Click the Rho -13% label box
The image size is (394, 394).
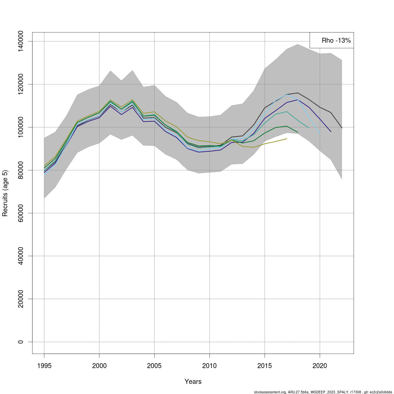pos(332,40)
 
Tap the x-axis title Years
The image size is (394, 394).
pos(193,382)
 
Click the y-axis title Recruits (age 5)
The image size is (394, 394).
pos(5,193)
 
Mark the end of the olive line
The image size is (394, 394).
pos(287,139)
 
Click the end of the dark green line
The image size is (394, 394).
pos(298,132)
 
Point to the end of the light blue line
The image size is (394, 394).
pos(320,134)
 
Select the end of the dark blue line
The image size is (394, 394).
pos(331,132)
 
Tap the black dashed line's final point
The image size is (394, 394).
pos(342,128)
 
